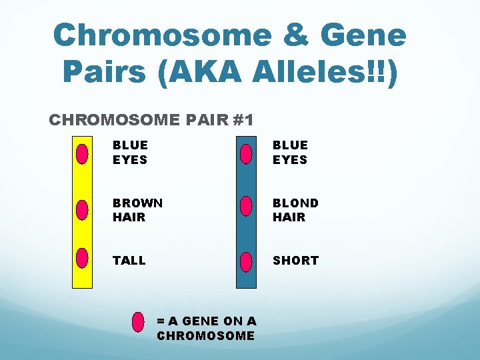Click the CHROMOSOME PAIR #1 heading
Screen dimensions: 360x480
[x=151, y=121]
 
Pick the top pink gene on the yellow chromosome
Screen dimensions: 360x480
[x=82, y=153]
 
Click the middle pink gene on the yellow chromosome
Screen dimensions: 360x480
[x=82, y=209]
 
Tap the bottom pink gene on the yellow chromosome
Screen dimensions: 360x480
[x=82, y=257]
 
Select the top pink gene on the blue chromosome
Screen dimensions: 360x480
[x=246, y=154]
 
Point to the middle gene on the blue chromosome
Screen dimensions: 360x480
[x=246, y=206]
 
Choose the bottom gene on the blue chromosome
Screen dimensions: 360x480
[x=246, y=260]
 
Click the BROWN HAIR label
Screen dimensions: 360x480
[x=137, y=210]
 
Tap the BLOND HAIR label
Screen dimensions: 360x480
[x=295, y=210]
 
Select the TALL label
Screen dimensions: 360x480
[x=129, y=261]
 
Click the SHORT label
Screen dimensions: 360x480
[x=295, y=261]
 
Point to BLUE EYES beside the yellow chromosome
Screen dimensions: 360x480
[x=130, y=152]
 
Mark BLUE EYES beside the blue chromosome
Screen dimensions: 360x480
[x=290, y=152]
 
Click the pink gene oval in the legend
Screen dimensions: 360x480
[x=139, y=322]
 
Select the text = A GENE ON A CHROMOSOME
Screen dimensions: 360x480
[x=206, y=328]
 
